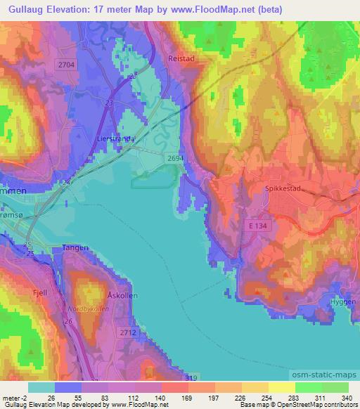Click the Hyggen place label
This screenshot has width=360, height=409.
pos(342,301)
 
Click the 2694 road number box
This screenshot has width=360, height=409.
pos(176,159)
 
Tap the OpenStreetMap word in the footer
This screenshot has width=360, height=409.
pos(295,405)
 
